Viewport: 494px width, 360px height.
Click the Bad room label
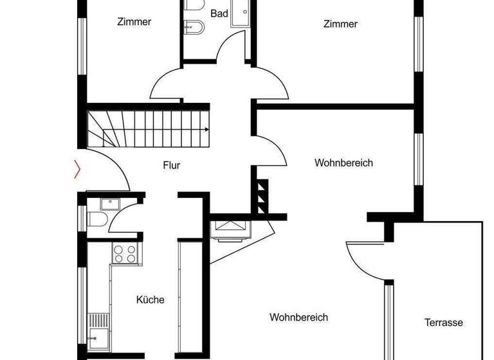tap(219, 13)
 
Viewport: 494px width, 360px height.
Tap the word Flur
tap(171, 165)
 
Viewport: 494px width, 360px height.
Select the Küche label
tap(151, 300)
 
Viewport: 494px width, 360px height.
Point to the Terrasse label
tap(443, 323)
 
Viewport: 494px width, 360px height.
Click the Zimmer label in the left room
tap(134, 22)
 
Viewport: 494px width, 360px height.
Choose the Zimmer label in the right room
tap(340, 24)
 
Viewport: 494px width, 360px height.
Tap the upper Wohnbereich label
tap(343, 163)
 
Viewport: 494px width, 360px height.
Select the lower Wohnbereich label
tap(298, 318)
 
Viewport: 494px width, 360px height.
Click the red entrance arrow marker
tap(78, 169)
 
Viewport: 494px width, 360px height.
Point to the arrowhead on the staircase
tap(206, 129)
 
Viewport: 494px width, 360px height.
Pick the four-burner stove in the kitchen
tap(124, 253)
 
